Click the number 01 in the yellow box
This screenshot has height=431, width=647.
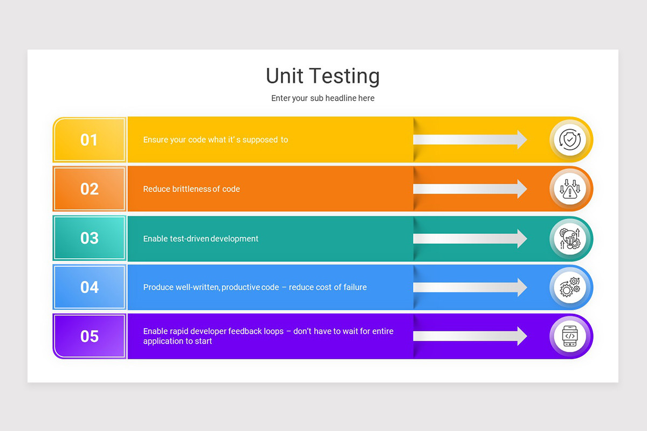[x=89, y=140]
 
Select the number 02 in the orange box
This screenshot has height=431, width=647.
[x=89, y=189]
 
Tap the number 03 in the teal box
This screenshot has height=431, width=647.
[x=89, y=238]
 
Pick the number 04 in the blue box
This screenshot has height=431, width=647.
[x=89, y=287]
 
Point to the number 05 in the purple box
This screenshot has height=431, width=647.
[x=89, y=336]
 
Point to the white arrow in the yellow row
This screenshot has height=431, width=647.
[x=470, y=140]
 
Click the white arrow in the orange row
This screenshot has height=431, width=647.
[x=470, y=189]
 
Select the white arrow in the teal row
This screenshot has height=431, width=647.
[x=470, y=238]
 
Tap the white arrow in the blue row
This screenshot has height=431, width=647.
[x=470, y=287]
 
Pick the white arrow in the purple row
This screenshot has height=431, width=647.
[x=470, y=336]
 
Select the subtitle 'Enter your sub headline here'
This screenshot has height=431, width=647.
[x=322, y=98]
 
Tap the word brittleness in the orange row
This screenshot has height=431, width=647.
[x=191, y=189]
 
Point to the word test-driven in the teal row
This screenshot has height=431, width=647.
[x=188, y=239]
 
